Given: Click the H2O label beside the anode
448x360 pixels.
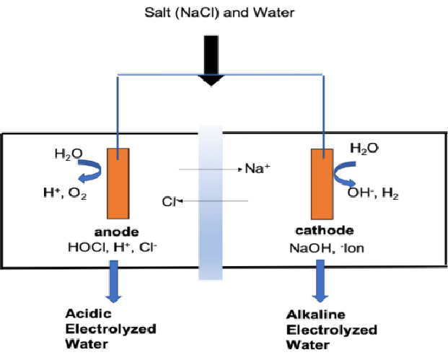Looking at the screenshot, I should click(67, 154).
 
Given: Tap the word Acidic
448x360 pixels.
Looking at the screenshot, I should click(86, 315).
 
